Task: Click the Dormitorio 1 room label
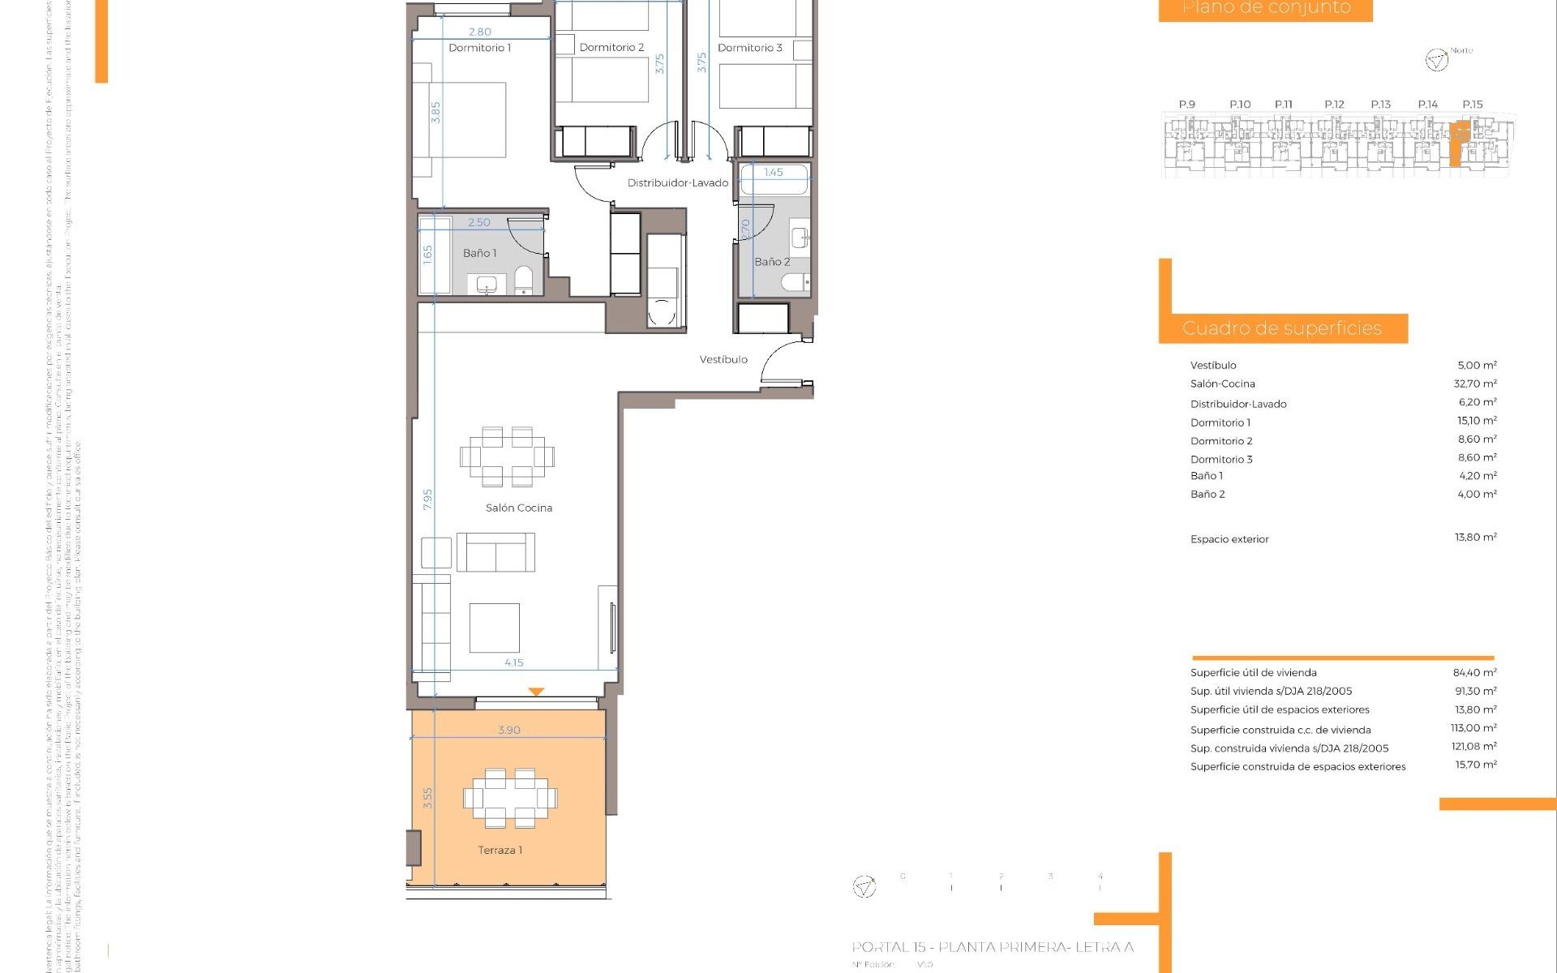[479, 48]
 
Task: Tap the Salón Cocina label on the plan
[518, 508]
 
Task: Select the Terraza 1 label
[500, 850]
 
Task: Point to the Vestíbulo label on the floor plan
[723, 359]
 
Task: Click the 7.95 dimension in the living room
[427, 499]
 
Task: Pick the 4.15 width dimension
[513, 662]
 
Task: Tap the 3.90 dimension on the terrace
[508, 730]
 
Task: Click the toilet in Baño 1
[524, 281]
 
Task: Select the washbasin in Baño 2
[800, 238]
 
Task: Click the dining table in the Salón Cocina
[507, 456]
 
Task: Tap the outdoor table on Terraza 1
[510, 799]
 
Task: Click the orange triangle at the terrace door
[536, 692]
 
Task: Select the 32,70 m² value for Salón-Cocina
[1474, 384]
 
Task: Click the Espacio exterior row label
[1229, 539]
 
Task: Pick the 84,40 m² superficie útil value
[1474, 672]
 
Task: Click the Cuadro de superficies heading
[1281, 328]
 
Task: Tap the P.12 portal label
[1334, 105]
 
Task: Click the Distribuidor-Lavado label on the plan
[677, 183]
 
